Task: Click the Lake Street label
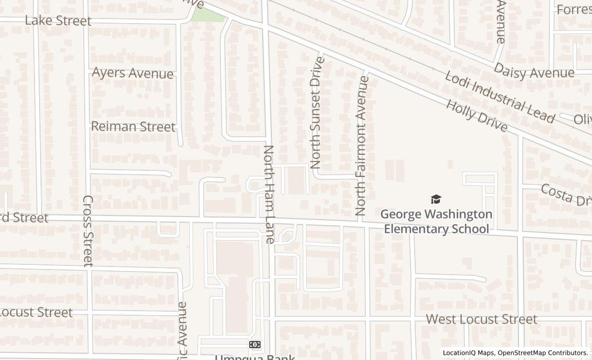click(x=58, y=21)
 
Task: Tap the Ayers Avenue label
click(x=133, y=73)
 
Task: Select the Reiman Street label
click(x=133, y=127)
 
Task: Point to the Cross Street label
click(x=88, y=230)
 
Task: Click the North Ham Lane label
click(x=269, y=194)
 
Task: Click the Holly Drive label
click(x=476, y=116)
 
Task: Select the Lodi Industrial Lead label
click(x=499, y=98)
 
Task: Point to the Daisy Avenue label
click(x=534, y=71)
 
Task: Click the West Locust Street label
click(x=482, y=319)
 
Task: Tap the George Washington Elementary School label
click(x=436, y=221)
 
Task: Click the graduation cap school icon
click(x=436, y=199)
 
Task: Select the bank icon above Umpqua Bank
click(x=254, y=344)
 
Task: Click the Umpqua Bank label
click(x=254, y=357)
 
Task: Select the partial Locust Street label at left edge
click(x=36, y=312)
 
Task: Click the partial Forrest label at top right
click(x=573, y=10)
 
